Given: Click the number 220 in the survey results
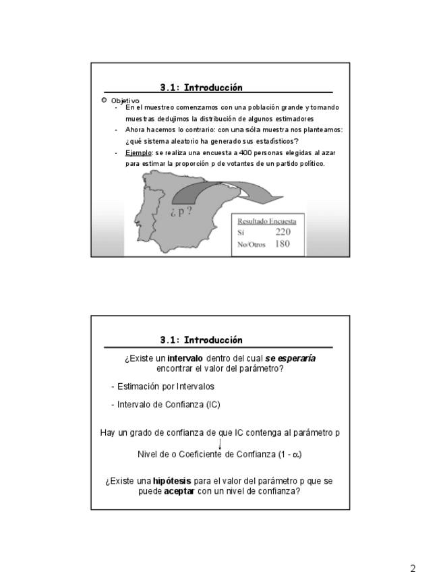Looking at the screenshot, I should pyautogui.click(x=283, y=232).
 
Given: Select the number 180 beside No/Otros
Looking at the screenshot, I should pyautogui.click(x=282, y=244).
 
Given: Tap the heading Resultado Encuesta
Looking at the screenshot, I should pyautogui.click(x=266, y=221).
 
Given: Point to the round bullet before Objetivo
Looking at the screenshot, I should pyautogui.click(x=104, y=100).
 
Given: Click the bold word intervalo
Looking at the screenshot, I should pyautogui.click(x=185, y=358).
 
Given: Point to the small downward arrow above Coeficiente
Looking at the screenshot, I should pyautogui.click(x=220, y=443).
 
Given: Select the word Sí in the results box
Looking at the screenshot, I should pyautogui.click(x=241, y=233).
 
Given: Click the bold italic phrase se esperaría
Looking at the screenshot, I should pyautogui.click(x=291, y=358).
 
